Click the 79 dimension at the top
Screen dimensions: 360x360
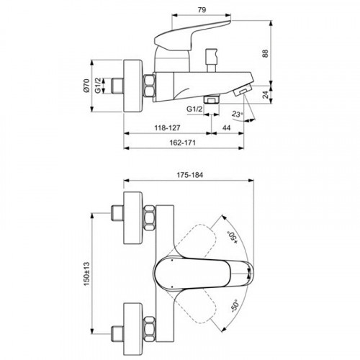(x=202, y=10)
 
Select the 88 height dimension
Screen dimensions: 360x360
(x=265, y=53)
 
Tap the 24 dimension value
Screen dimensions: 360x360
(x=265, y=94)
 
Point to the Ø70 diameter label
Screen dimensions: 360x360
(x=86, y=86)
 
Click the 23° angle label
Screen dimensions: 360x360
(x=238, y=114)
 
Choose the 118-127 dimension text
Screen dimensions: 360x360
(x=167, y=127)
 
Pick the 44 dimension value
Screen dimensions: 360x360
(x=226, y=127)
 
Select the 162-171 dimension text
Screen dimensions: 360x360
(x=183, y=143)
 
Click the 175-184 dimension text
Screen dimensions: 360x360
(x=190, y=175)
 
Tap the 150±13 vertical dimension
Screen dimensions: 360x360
(x=86, y=274)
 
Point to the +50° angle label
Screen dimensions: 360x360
(x=233, y=238)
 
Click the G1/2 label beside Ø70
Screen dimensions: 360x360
(x=98, y=86)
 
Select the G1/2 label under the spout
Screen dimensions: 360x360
(x=194, y=109)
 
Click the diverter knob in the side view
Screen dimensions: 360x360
(x=212, y=60)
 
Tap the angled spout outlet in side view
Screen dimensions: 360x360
(x=243, y=91)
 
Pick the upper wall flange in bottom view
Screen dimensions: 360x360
(x=132, y=218)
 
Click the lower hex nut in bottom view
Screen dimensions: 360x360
(x=150, y=329)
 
